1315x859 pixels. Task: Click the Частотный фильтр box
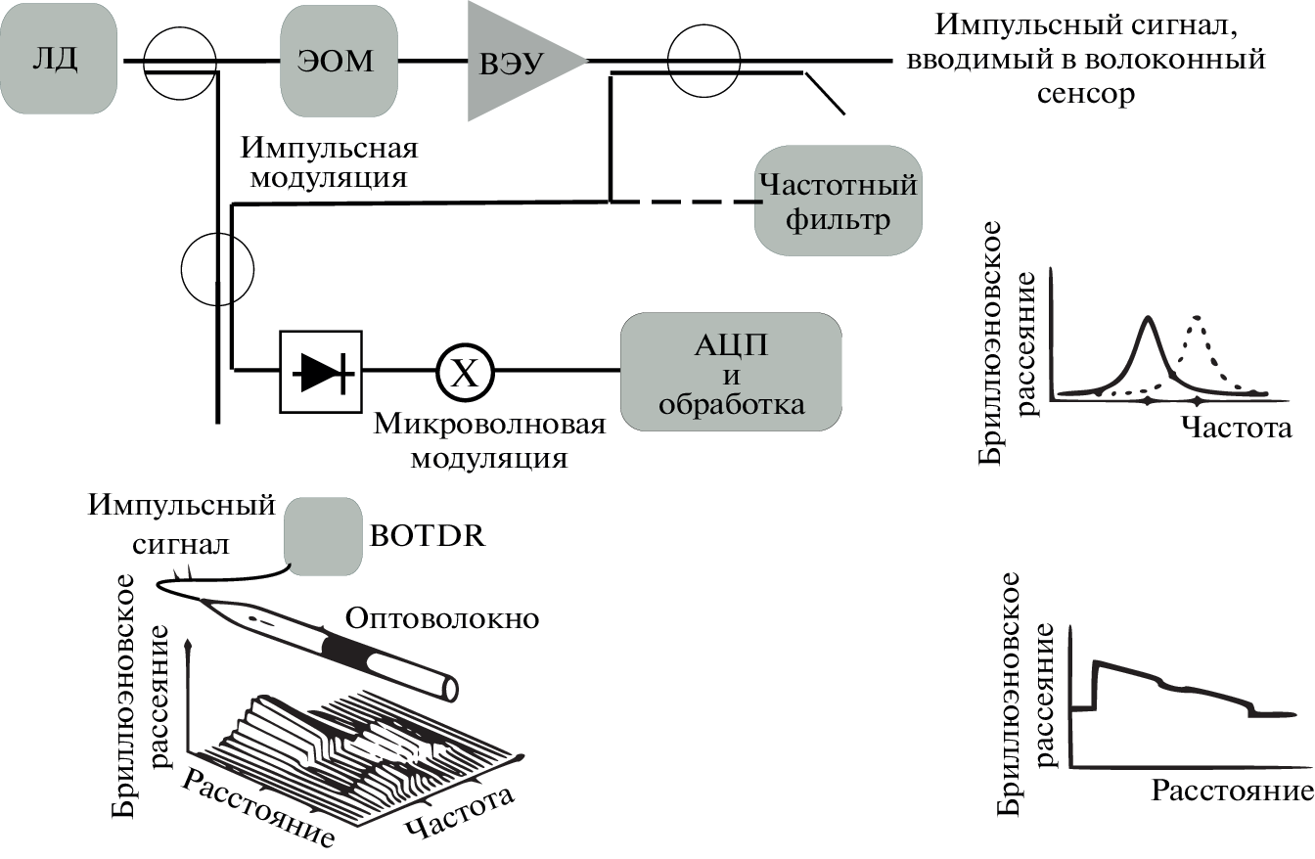(x=838, y=201)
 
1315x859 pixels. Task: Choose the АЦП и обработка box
(x=732, y=371)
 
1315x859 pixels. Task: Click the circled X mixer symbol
(x=466, y=372)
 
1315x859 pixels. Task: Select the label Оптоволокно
(x=442, y=618)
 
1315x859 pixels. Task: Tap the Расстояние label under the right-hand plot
(x=1231, y=791)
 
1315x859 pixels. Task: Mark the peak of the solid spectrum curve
(x=1148, y=318)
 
